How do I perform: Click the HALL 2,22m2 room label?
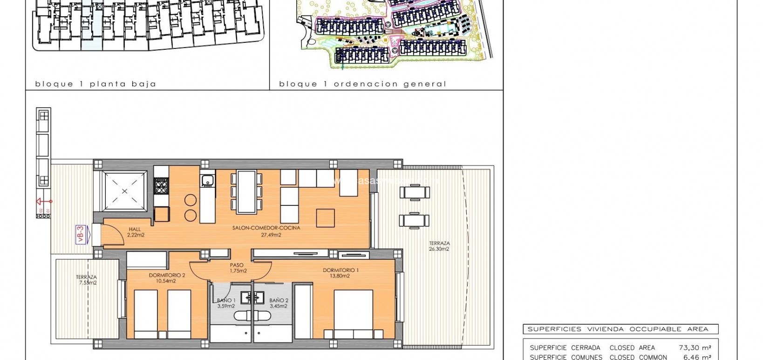pyautogui.click(x=135, y=232)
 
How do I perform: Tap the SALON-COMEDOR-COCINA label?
pyautogui.click(x=266, y=231)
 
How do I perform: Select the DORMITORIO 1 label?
pyautogui.click(x=341, y=273)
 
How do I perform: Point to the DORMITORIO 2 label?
pyautogui.click(x=167, y=278)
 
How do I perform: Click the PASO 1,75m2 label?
pyautogui.click(x=238, y=268)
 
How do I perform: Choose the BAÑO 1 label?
pyautogui.click(x=226, y=303)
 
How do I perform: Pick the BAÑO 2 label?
pyautogui.click(x=279, y=303)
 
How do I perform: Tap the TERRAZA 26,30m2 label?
pyautogui.click(x=439, y=246)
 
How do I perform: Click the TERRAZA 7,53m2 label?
pyautogui.click(x=87, y=279)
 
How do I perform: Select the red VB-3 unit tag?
pyautogui.click(x=81, y=234)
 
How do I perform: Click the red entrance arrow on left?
pyautogui.click(x=44, y=202)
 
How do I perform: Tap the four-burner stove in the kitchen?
pyautogui.click(x=161, y=186)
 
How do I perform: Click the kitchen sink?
pyautogui.click(x=207, y=179)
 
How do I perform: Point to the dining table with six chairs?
pyautogui.click(x=246, y=192)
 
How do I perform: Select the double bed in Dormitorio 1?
pyautogui.click(x=354, y=314)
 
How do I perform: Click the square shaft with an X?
pyautogui.click(x=124, y=191)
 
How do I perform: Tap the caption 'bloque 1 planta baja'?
pyautogui.click(x=95, y=84)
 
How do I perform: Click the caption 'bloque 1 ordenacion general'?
pyautogui.click(x=362, y=84)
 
